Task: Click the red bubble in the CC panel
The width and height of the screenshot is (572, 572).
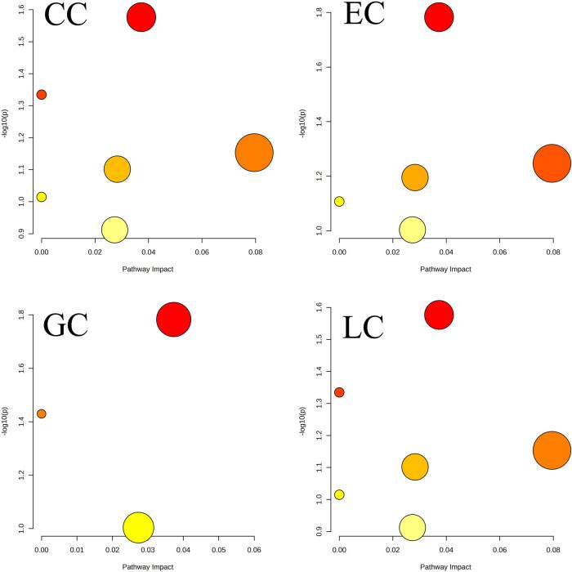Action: coord(141,17)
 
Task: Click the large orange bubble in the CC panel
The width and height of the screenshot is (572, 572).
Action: coord(254,152)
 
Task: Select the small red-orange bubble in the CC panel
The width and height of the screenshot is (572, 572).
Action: coord(42,95)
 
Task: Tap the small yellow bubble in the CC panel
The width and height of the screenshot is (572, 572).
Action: coord(42,197)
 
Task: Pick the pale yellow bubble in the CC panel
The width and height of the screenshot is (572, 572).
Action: coord(115,230)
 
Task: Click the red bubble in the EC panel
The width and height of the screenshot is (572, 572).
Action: coord(439,17)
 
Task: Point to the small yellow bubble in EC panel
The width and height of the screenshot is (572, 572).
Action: coord(339,201)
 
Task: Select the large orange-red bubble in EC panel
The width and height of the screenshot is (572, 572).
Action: coord(552,163)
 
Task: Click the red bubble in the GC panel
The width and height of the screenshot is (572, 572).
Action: coord(173,320)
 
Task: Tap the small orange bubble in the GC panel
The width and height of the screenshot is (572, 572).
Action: coord(42,413)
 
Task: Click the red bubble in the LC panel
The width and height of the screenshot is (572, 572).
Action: coord(439,315)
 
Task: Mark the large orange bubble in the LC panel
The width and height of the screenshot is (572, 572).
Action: coord(552,450)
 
